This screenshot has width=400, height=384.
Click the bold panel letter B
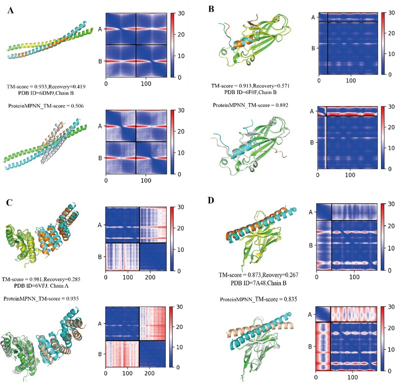(211, 8)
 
